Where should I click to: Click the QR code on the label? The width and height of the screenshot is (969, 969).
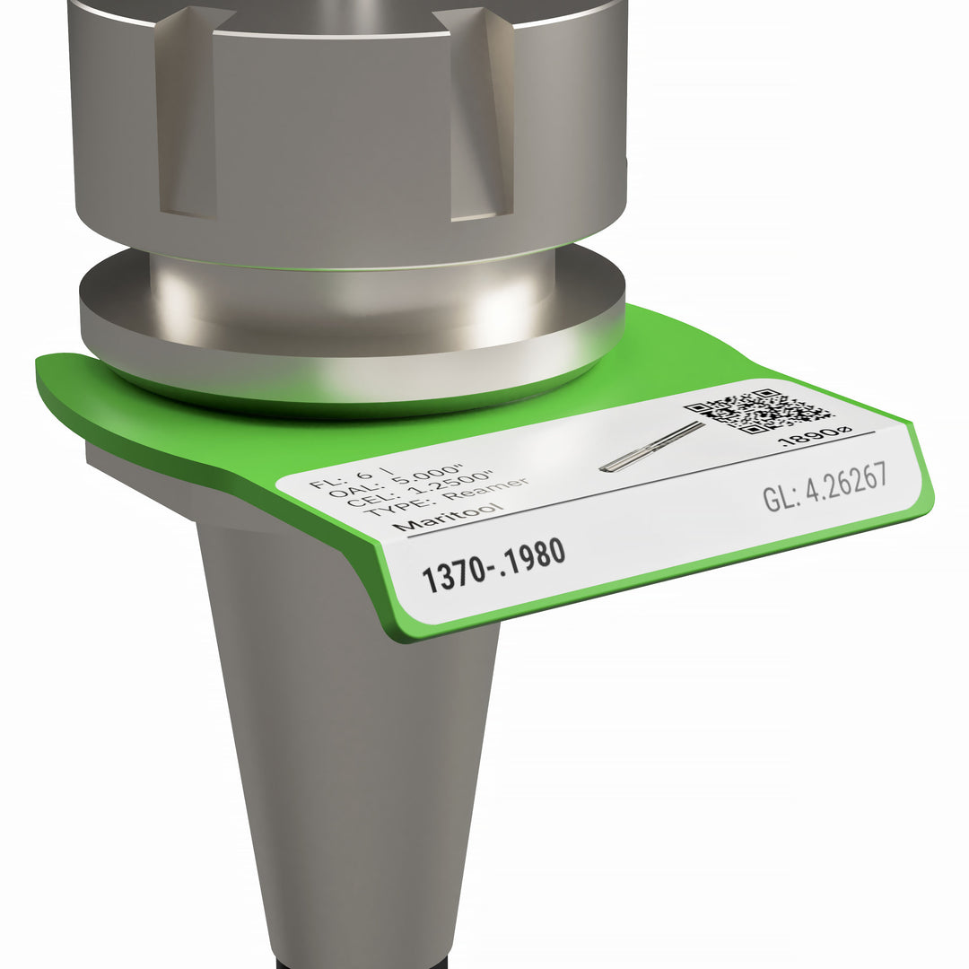[x=759, y=410]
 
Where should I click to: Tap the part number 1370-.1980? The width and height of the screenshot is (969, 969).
[x=493, y=566]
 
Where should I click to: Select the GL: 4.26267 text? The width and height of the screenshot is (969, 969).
[x=825, y=486]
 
